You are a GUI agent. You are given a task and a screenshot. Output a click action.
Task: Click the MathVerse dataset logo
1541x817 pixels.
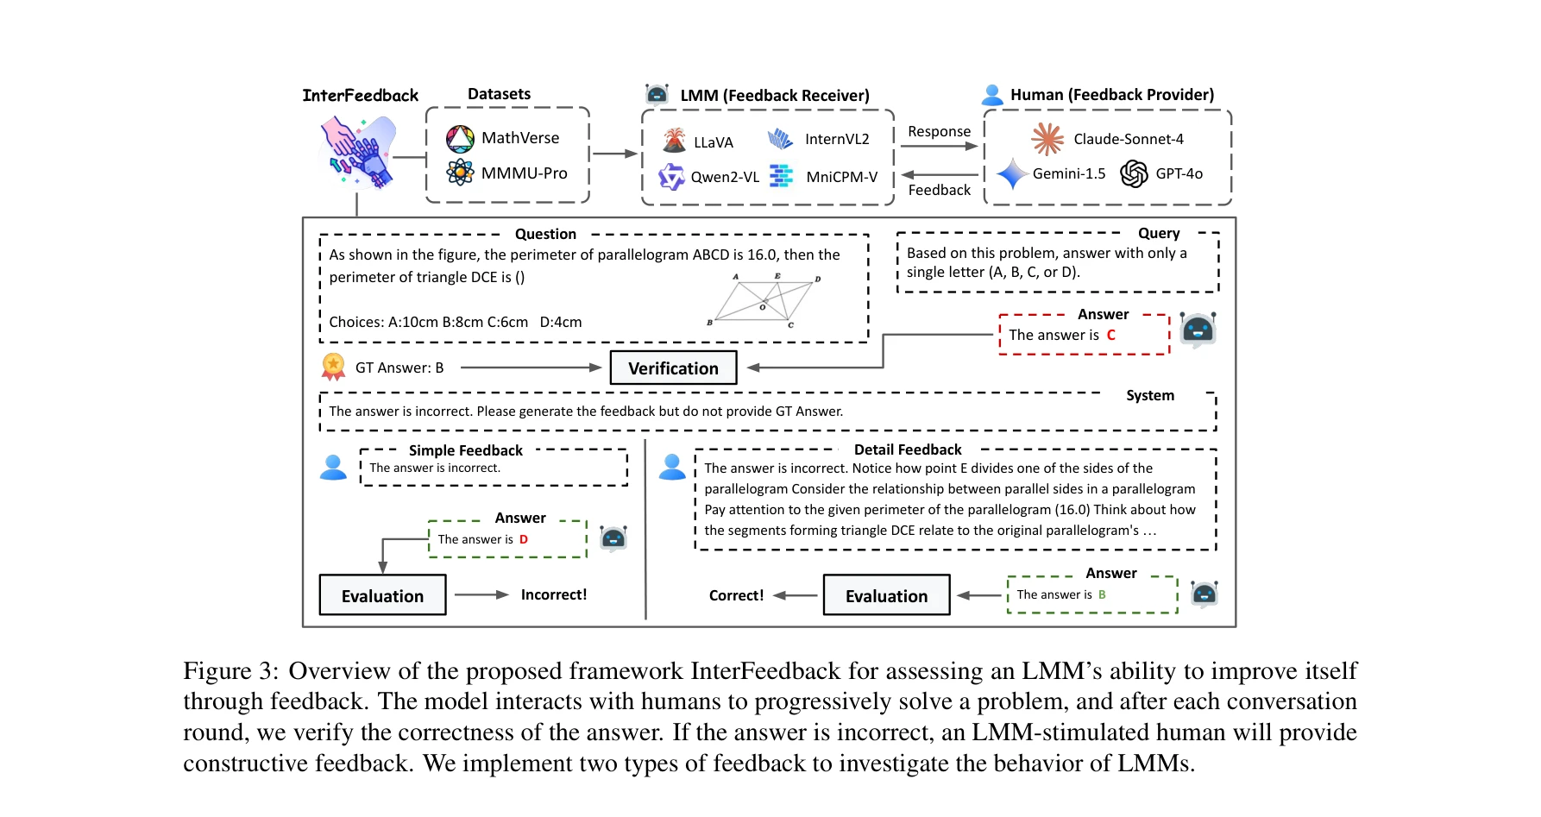(460, 138)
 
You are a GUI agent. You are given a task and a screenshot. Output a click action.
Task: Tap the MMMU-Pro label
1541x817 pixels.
(524, 173)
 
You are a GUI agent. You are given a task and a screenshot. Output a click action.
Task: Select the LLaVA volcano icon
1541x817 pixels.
(674, 141)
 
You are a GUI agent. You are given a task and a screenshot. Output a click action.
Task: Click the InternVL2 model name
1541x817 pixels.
(836, 139)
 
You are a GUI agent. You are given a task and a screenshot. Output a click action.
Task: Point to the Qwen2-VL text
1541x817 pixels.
(725, 177)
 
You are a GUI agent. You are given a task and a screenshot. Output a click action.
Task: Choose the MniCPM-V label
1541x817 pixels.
(841, 177)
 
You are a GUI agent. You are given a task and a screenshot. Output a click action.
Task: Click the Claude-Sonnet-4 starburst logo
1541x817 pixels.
(1047, 139)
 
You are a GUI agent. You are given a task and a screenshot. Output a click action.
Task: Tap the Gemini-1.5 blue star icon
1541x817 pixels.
(1011, 174)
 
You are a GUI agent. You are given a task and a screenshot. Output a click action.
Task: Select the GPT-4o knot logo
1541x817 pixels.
(1134, 174)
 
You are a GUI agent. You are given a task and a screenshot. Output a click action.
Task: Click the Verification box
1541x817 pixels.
(673, 368)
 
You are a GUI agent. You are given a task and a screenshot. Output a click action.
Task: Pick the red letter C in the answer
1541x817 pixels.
(1111, 335)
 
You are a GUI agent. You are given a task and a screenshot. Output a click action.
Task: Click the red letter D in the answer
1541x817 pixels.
(524, 539)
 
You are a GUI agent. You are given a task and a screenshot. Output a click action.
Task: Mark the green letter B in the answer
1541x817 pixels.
(1102, 594)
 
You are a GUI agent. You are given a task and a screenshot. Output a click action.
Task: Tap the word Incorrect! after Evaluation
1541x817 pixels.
(553, 594)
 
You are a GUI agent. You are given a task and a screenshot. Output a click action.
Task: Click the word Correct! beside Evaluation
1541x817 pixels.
(736, 595)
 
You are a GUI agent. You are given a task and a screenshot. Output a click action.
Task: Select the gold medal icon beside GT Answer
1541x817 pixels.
(333, 367)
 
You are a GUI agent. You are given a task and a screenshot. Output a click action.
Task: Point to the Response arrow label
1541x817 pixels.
(939, 131)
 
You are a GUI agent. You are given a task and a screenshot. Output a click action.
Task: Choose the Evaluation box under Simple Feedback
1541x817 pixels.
(382, 595)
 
